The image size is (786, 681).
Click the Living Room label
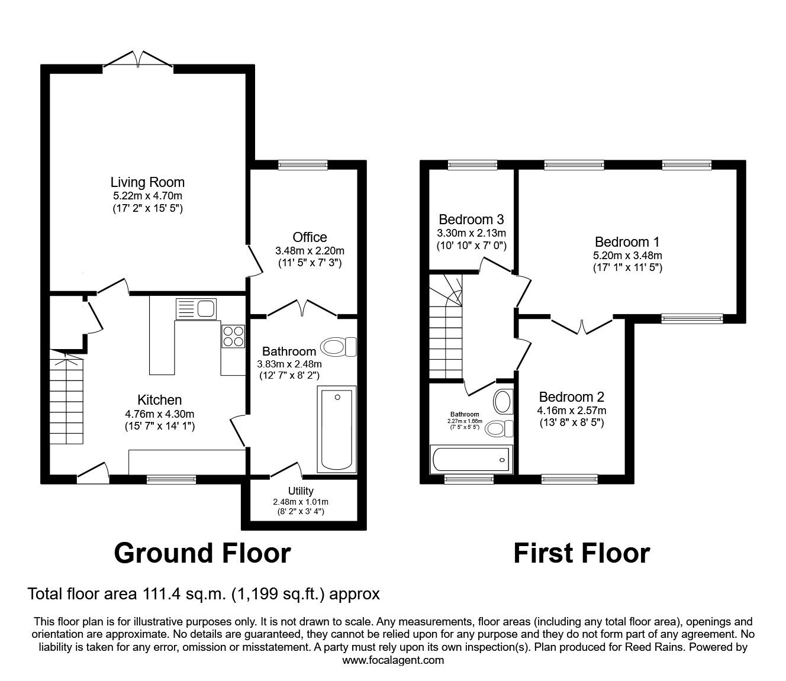[147, 182]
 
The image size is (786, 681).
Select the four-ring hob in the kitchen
[233, 336]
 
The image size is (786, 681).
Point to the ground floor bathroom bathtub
[337, 429]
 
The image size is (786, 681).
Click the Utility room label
[301, 490]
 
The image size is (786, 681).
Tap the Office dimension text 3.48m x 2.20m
[310, 250]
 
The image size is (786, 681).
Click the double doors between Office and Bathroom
[302, 308]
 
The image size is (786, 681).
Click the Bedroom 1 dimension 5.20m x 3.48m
[627, 256]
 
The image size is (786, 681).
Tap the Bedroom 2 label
[571, 397]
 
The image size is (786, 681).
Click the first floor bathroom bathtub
[470, 459]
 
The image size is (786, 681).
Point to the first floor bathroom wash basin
[503, 402]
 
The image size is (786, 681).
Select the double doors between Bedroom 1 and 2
[582, 326]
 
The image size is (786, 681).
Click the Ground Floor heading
[202, 553]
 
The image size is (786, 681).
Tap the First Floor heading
[581, 553]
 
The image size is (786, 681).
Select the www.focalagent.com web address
[393, 660]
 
